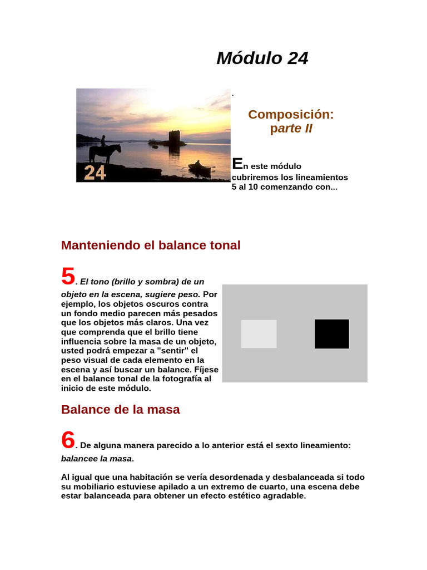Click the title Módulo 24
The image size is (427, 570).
[x=262, y=58]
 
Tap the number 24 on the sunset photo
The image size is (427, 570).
[x=95, y=173]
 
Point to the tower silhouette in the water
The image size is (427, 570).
[x=175, y=139]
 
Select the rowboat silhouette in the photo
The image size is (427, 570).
[x=199, y=167]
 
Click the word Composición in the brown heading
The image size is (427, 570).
[x=291, y=115]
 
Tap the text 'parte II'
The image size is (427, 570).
[x=291, y=129]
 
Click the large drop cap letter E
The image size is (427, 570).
[x=237, y=164]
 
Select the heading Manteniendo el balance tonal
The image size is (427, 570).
[x=151, y=245]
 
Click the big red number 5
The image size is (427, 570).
[x=68, y=276]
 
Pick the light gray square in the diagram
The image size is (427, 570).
[x=259, y=334]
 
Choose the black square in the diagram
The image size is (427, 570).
[x=332, y=334]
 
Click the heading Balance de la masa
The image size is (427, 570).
[x=120, y=409]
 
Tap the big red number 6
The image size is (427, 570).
[x=68, y=440]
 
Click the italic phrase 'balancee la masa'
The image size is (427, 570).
[x=97, y=459]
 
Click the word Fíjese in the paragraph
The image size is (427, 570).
[x=206, y=370]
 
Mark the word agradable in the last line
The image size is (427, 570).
[x=284, y=495]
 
